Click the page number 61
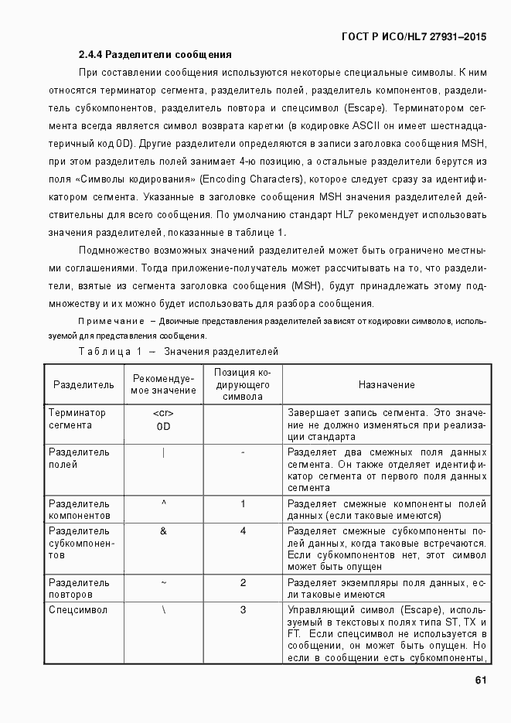coord(480,680)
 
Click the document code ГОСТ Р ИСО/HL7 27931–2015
coord(414,36)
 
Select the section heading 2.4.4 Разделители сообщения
coord(155,55)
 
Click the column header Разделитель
coord(83,384)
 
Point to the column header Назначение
coord(387,384)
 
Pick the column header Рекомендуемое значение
coord(163,384)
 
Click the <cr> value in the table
coord(163,413)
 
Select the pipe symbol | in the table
coord(163,452)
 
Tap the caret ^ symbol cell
coord(163,503)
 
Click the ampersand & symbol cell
coord(163,531)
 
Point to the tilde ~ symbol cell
coord(163,582)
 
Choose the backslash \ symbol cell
coord(163,610)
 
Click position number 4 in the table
coord(243,531)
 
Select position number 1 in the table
coord(243,504)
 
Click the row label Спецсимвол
coord(78,610)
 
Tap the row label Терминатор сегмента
coord(77,418)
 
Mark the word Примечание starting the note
coord(111,321)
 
